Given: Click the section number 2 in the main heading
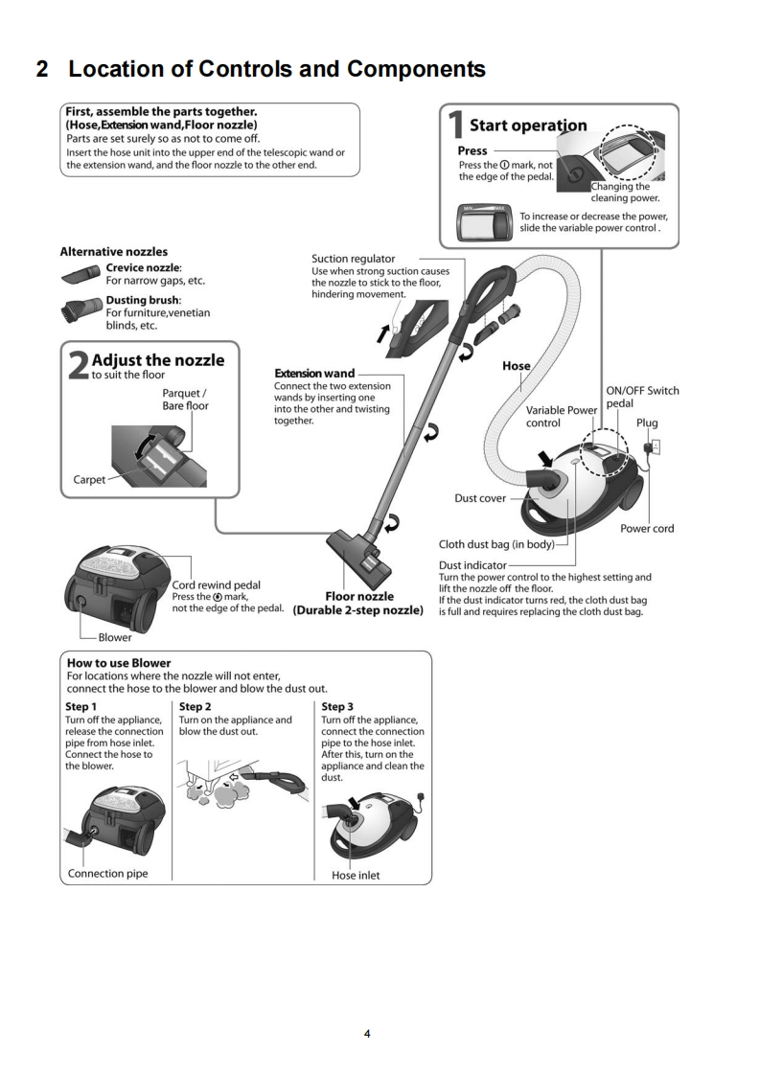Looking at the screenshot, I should click(42, 70).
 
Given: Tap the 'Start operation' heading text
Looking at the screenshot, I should click(528, 126).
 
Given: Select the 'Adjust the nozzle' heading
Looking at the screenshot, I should click(158, 360).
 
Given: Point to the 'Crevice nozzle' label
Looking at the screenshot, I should click(144, 267).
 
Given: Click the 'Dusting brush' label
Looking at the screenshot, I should click(143, 300).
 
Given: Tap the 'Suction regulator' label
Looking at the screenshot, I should click(353, 259).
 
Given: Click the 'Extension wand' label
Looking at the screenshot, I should click(314, 373).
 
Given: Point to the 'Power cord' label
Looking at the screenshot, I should click(649, 528).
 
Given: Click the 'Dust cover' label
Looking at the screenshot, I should click(480, 498).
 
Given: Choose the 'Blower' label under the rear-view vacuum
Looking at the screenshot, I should click(114, 636).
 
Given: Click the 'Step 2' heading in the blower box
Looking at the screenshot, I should click(197, 707).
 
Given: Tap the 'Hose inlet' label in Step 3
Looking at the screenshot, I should click(356, 875).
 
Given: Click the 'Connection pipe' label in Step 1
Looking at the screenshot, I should click(107, 873).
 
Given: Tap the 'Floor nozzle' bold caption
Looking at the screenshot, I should click(359, 597).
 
